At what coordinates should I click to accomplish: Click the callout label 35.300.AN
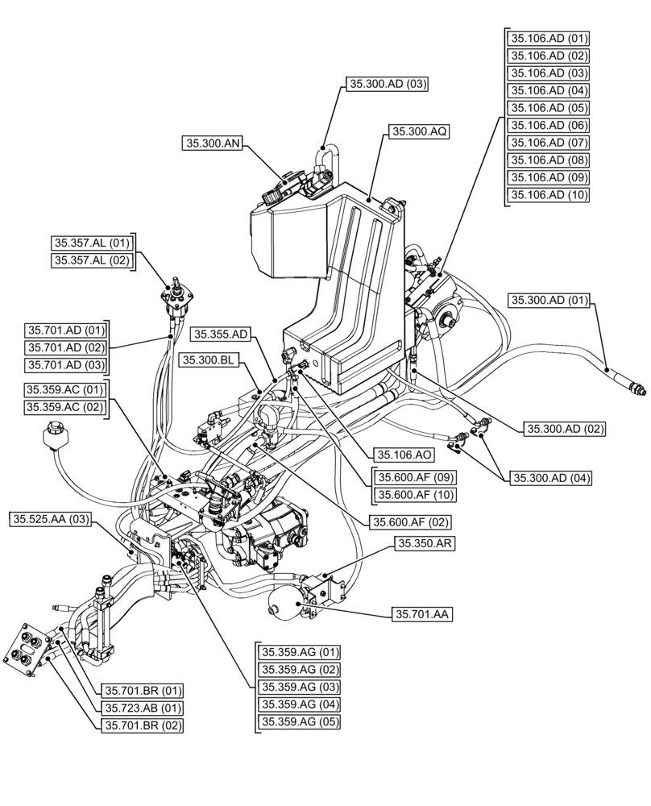pos(213,143)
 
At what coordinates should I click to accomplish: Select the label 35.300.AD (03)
pos(387,83)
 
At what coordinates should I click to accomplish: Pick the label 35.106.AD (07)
pos(548,143)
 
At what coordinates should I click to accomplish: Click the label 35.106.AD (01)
pos(548,38)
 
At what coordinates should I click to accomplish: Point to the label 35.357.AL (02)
pos(91,260)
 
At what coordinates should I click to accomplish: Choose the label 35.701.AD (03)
pos(65,365)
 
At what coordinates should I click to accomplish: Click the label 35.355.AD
pos(222,334)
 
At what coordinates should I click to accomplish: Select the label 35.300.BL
pos(208,359)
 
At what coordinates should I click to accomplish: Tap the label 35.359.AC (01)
pos(65,390)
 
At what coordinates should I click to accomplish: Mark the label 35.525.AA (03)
pos(51,520)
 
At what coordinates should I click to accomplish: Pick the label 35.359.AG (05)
pos(299,722)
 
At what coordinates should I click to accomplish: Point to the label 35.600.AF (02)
pos(409,522)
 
